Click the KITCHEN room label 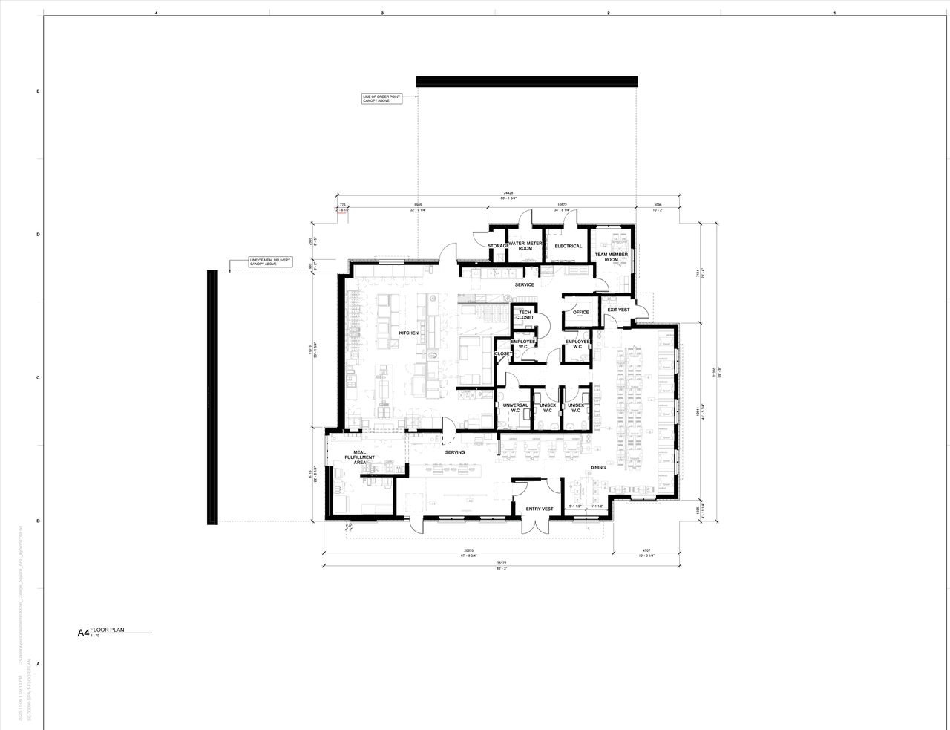coord(408,333)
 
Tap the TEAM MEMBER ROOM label coord(611,257)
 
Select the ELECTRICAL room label coord(568,246)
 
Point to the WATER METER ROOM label coord(525,246)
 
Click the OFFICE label coord(580,312)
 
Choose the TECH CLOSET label coord(525,315)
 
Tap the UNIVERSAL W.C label coord(514,408)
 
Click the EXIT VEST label coord(618,310)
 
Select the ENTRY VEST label coord(539,509)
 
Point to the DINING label coord(597,467)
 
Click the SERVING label coord(455,452)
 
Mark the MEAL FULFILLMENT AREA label coord(359,457)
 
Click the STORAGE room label coord(497,246)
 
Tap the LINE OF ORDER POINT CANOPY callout coord(381,99)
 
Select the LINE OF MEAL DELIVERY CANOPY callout coord(269,262)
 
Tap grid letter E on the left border coord(38,91)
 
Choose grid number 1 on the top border coord(835,13)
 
